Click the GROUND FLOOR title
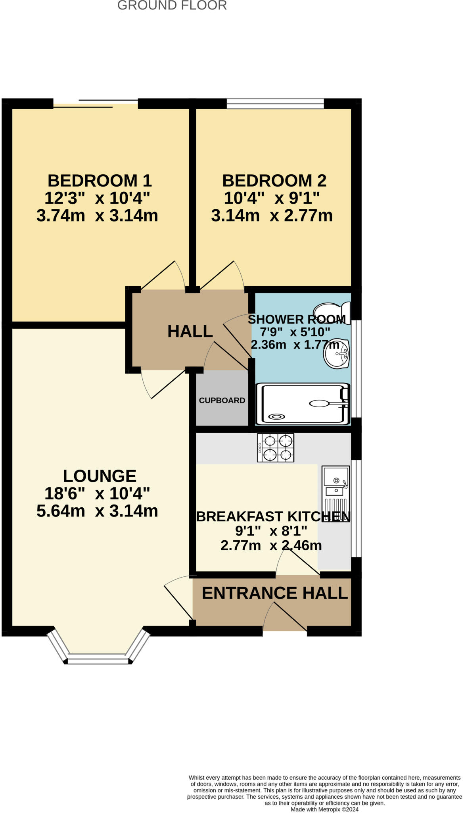point(172,6)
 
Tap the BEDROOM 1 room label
point(100,181)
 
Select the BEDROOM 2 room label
point(274,181)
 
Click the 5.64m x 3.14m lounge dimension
point(97,511)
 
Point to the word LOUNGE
point(100,476)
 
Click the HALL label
point(190,331)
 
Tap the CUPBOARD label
point(222,401)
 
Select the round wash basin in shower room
point(336,353)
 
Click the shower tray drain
point(276,416)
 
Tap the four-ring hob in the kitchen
point(276,447)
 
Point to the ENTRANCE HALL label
point(274,593)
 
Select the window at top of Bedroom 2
point(275,104)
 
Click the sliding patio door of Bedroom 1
point(96,103)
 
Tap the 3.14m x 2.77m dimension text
point(272,216)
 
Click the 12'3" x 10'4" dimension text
point(97,198)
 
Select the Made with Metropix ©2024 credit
point(324,809)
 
